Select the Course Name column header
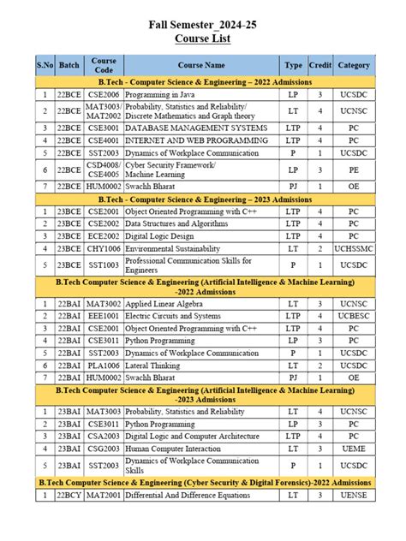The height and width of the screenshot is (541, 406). tap(201, 65)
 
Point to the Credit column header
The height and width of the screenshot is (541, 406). tap(319, 65)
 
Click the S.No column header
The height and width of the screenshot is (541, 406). tap(44, 65)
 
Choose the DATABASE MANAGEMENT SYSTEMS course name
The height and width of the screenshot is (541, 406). tap(195, 128)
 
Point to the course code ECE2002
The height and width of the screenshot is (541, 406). tap(104, 235)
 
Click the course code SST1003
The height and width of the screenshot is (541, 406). tap(104, 265)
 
